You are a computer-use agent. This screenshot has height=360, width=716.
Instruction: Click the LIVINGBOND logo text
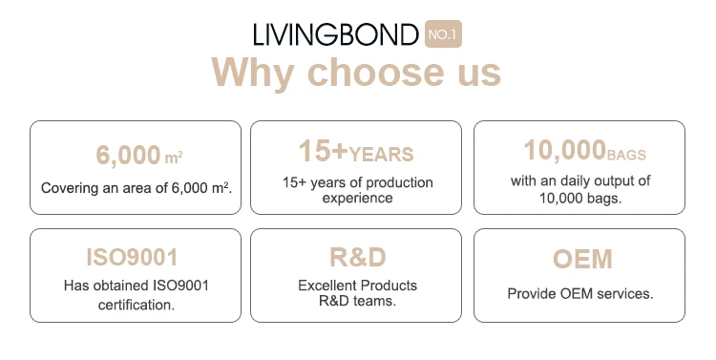pyautogui.click(x=336, y=34)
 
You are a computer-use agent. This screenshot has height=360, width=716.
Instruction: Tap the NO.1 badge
pyautogui.click(x=443, y=33)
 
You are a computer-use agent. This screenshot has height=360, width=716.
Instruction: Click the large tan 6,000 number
pyautogui.click(x=128, y=155)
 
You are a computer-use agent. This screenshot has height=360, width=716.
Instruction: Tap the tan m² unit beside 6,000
pyautogui.click(x=174, y=158)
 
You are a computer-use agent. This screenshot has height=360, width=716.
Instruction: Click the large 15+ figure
pyautogui.click(x=324, y=151)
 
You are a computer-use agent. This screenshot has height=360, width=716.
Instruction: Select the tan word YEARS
pyautogui.click(x=381, y=155)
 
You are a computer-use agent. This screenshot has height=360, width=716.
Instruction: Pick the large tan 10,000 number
pyautogui.click(x=565, y=150)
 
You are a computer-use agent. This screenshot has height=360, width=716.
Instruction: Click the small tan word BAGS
pyautogui.click(x=626, y=155)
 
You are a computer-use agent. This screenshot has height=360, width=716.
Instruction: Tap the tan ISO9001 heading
pyautogui.click(x=132, y=257)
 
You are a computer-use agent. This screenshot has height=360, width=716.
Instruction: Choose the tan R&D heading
pyautogui.click(x=358, y=257)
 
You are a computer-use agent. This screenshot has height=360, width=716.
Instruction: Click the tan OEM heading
pyautogui.click(x=582, y=259)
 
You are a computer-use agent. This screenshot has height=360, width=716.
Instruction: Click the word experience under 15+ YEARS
pyautogui.click(x=358, y=198)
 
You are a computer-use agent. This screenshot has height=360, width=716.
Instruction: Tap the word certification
pyautogui.click(x=137, y=305)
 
